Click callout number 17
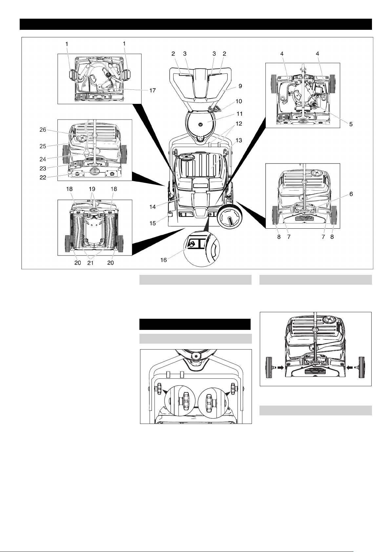tap(153, 90)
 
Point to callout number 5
tap(351, 124)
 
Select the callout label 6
tap(351, 194)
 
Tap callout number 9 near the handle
tap(240, 86)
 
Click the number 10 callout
tap(238, 101)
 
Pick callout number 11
tap(239, 114)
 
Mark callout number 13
tap(238, 140)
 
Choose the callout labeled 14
tap(153, 207)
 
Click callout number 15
tap(153, 223)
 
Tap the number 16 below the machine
tap(163, 260)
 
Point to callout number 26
tap(43, 129)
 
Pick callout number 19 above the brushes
tap(95, 189)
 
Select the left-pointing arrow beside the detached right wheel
tap(350, 368)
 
